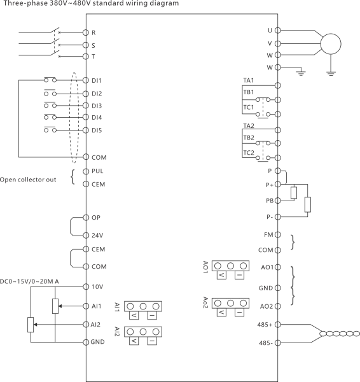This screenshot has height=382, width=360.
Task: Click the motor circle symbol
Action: (330, 44)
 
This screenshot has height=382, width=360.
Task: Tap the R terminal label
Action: (94, 31)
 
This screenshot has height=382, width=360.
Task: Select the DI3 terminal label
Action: (97, 106)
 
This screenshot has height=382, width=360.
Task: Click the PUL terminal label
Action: (97, 171)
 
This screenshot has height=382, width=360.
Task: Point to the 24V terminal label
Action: (97, 235)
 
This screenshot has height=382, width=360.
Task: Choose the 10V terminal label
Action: (97, 286)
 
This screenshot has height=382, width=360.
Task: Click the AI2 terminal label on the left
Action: (96, 324)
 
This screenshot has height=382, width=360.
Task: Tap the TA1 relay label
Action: (249, 80)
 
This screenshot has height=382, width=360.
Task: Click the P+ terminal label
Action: (269, 184)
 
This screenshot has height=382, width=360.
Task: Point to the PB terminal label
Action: (269, 201)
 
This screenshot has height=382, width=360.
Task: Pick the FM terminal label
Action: (268, 235)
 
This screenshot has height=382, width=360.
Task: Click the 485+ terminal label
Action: (265, 325)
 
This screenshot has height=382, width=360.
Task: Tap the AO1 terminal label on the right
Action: (267, 267)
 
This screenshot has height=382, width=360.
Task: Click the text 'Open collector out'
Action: (28, 180)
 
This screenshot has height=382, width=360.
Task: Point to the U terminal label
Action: (270, 30)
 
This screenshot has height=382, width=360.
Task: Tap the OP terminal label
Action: (96, 218)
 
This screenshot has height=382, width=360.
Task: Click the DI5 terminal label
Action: (97, 131)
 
